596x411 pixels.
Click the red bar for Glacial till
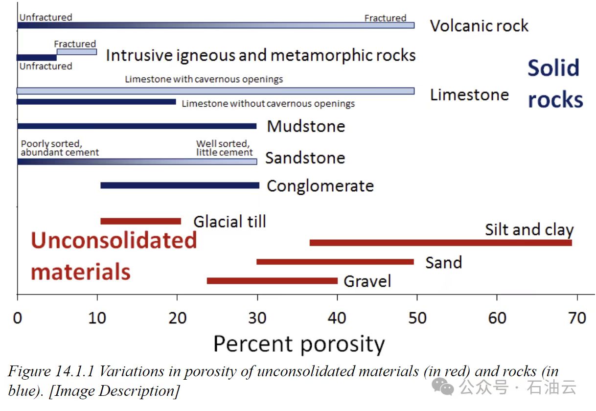(140, 221)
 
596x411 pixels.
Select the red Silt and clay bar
(440, 243)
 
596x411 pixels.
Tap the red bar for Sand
(335, 262)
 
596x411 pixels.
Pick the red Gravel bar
(272, 281)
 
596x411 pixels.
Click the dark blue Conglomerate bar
(180, 185)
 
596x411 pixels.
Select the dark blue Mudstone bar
(137, 126)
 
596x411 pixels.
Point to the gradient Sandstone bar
(137, 161)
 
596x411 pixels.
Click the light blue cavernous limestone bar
(215, 91)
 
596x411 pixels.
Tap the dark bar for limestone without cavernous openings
(96, 102)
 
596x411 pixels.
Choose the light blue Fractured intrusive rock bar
(77, 51)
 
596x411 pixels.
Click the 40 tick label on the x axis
(337, 319)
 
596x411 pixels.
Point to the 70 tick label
(577, 319)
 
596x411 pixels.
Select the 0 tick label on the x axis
(18, 319)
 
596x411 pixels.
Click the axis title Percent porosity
(299, 344)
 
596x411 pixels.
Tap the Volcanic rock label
(479, 25)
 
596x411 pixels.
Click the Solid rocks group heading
(555, 84)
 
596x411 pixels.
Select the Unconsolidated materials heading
(114, 256)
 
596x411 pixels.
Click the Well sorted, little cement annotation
(224, 148)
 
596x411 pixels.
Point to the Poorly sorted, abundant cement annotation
(59, 148)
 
